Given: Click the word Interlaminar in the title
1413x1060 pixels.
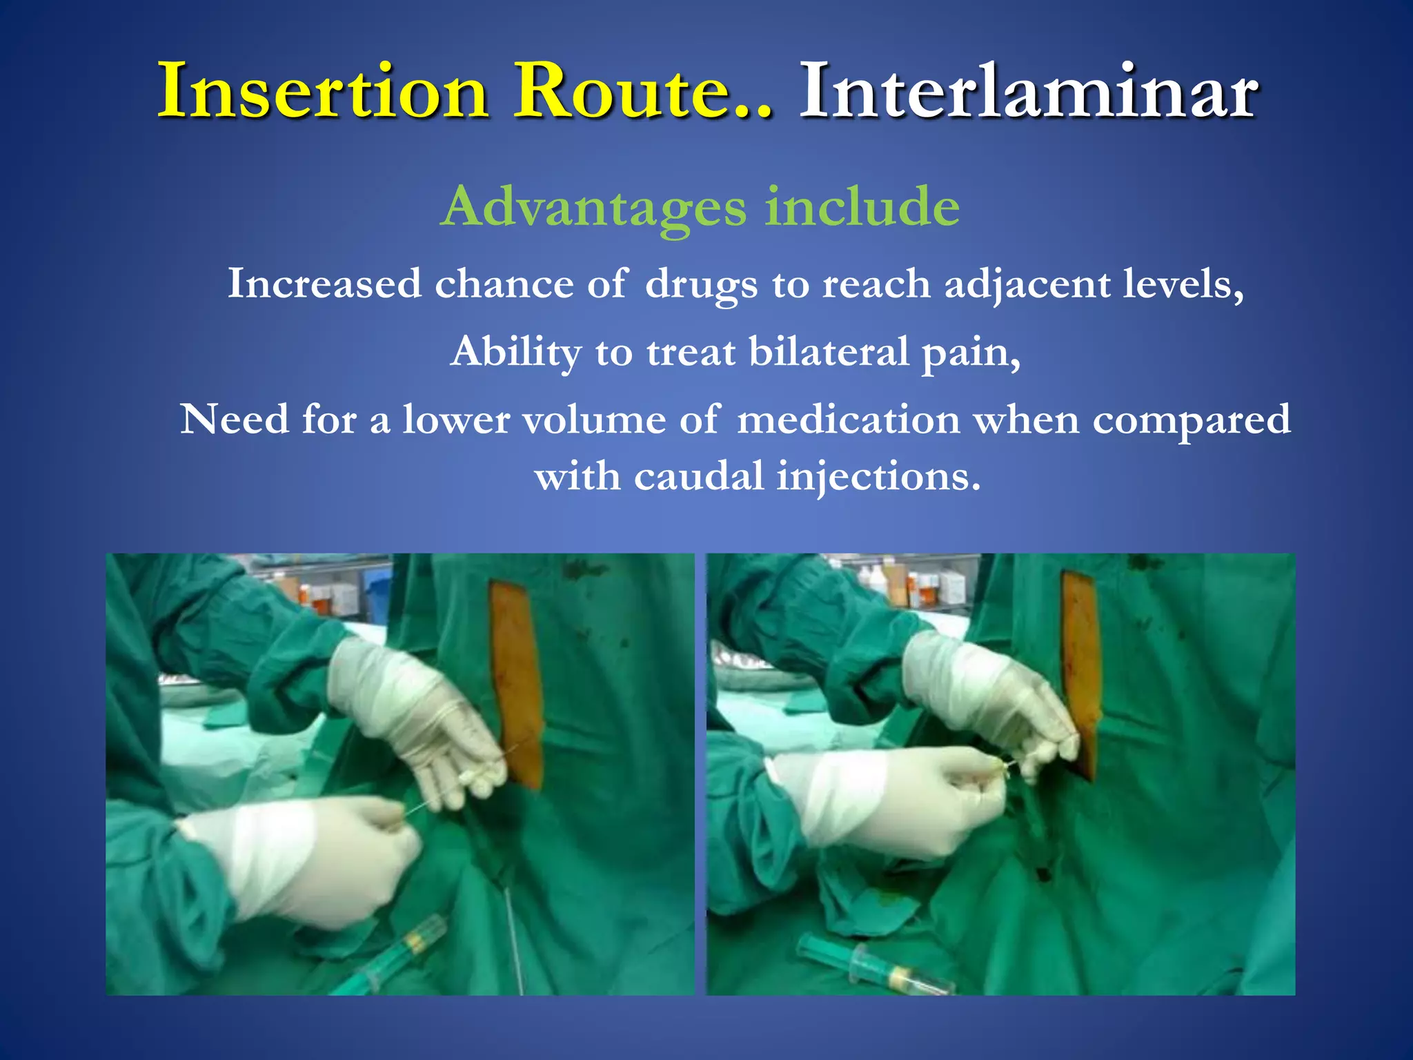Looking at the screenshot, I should pyautogui.click(x=1028, y=92).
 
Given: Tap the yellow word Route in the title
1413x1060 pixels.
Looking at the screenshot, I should pyautogui.click(x=635, y=92).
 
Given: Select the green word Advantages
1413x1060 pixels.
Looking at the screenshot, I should pyautogui.click(x=593, y=207).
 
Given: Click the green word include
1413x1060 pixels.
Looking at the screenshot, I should pyautogui.click(x=862, y=207).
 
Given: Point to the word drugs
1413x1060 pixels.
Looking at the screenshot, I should pyautogui.click(x=701, y=284).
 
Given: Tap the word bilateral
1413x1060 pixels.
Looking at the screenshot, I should pyautogui.click(x=829, y=352).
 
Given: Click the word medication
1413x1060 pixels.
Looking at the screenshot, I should pyautogui.click(x=849, y=420).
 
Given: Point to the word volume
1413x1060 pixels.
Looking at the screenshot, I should pyautogui.click(x=593, y=420).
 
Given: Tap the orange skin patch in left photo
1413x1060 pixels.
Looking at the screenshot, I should pyautogui.click(x=516, y=683).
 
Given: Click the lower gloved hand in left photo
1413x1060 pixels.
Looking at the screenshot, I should pyautogui.click(x=304, y=856).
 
